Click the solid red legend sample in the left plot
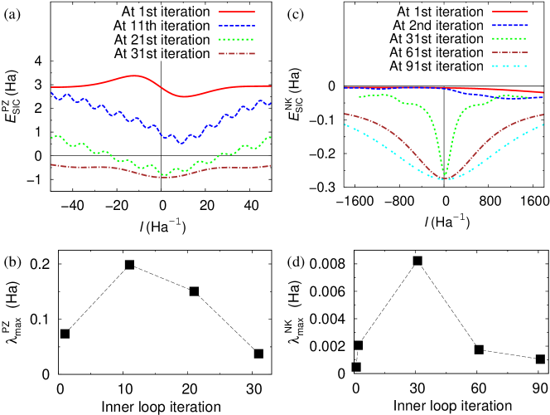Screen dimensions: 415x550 (x=237, y=12)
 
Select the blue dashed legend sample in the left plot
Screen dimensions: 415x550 (x=237, y=26)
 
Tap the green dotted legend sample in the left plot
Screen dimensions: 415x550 (x=237, y=39)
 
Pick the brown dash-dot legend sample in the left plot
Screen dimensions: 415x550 (x=237, y=53)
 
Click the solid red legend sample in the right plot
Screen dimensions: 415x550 (x=510, y=12)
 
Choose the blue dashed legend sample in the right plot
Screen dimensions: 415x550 (x=510, y=25)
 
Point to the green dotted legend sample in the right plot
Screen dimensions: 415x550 (x=510, y=38)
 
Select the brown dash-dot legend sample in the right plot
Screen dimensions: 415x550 (x=510, y=51)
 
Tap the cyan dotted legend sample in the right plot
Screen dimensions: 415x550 (x=510, y=65)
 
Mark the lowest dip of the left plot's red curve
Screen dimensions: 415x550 (x=182, y=96)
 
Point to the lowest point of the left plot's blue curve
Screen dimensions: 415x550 (x=182, y=143)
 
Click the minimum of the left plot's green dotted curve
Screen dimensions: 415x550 (x=166, y=175)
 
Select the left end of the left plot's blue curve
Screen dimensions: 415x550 (x=51, y=93)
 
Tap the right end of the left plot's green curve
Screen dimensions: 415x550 (x=270, y=137)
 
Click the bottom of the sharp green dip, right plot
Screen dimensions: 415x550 (x=445, y=174)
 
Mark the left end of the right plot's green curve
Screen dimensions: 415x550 (x=359, y=97)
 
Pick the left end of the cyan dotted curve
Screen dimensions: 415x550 (x=345, y=124)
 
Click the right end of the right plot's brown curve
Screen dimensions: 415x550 (x=543, y=115)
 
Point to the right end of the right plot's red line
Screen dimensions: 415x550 (x=543, y=92)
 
